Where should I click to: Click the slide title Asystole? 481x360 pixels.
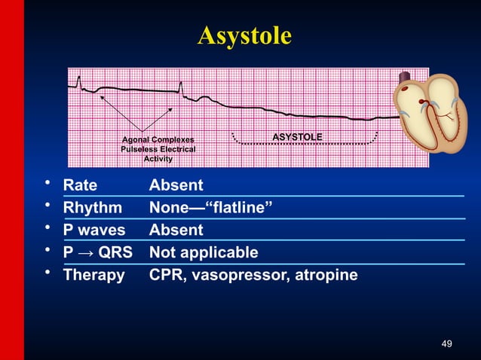pyautogui.click(x=244, y=35)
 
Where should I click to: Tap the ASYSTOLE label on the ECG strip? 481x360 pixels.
pyautogui.click(x=297, y=137)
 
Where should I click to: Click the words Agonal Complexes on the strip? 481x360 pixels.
pyautogui.click(x=158, y=140)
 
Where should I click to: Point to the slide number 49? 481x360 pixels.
pyautogui.click(x=446, y=344)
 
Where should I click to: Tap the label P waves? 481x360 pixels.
pyautogui.click(x=94, y=230)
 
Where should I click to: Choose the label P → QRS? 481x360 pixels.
pyautogui.click(x=97, y=252)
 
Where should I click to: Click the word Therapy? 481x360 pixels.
pyautogui.click(x=93, y=275)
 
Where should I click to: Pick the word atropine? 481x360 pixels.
pyautogui.click(x=327, y=275)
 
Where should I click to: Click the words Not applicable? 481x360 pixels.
pyautogui.click(x=204, y=252)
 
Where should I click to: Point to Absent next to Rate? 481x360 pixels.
pyautogui.click(x=176, y=185)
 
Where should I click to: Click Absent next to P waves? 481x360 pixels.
pyautogui.click(x=176, y=230)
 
